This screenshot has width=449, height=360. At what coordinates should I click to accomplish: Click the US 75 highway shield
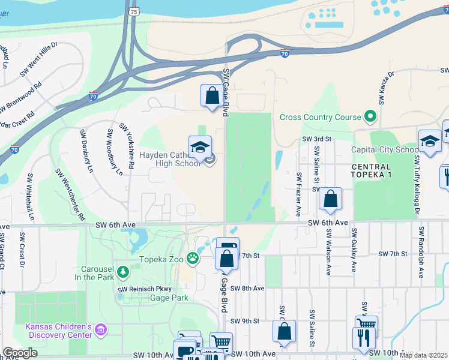click(133, 11)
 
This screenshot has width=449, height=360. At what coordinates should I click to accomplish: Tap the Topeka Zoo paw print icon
click(193, 259)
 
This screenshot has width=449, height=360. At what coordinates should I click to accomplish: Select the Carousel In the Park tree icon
click(123, 272)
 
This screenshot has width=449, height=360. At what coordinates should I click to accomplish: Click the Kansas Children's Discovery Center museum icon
click(100, 329)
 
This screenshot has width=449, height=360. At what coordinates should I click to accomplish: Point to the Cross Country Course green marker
click(370, 117)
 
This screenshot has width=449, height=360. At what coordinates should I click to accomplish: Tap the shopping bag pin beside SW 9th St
click(284, 331)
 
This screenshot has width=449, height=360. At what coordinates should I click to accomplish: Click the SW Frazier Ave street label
click(298, 194)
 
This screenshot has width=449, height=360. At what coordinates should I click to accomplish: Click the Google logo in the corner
click(20, 353)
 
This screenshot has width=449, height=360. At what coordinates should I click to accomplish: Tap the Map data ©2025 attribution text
click(423, 355)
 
